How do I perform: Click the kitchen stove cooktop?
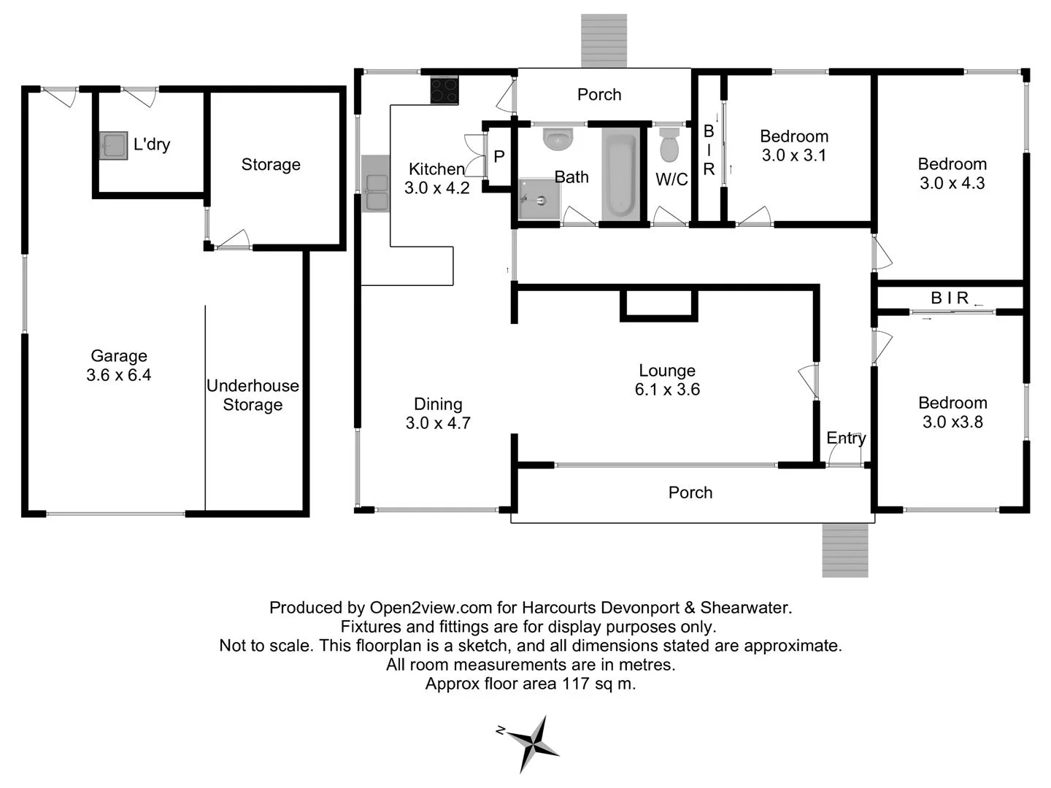click(x=444, y=90)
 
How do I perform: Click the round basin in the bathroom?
click(x=559, y=139)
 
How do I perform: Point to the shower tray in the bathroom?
click(x=539, y=199)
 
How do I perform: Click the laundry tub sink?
click(x=113, y=146)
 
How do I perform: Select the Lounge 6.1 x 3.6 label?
click(x=667, y=380)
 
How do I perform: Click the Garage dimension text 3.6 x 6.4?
click(x=119, y=375)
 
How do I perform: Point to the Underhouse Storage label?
click(x=253, y=395)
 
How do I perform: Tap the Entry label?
click(x=846, y=438)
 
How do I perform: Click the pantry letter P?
click(x=499, y=157)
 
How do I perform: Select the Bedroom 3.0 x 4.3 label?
click(x=952, y=174)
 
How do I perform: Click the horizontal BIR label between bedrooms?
click(x=950, y=298)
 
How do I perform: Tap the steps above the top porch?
click(x=604, y=40)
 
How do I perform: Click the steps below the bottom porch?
click(x=845, y=550)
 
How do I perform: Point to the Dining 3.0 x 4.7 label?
click(x=438, y=413)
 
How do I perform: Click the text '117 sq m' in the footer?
click(x=598, y=684)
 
